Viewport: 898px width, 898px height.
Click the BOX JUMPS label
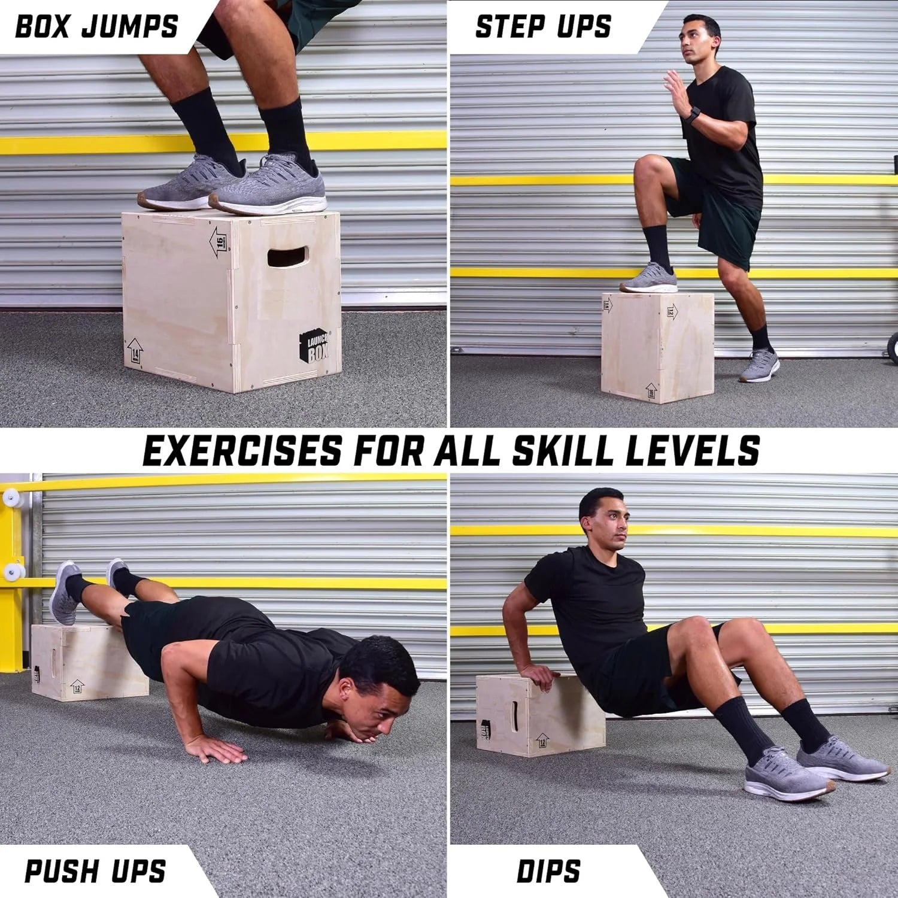(96, 27)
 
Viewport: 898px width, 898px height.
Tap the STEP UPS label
(543, 27)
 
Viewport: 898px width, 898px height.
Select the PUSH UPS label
(95, 870)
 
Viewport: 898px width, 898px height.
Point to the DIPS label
(548, 870)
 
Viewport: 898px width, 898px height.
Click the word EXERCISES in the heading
(242, 450)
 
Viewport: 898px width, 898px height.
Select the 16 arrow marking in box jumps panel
(219, 242)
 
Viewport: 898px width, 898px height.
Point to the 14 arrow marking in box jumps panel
(135, 353)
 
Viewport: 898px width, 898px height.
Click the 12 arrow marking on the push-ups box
(76, 686)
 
